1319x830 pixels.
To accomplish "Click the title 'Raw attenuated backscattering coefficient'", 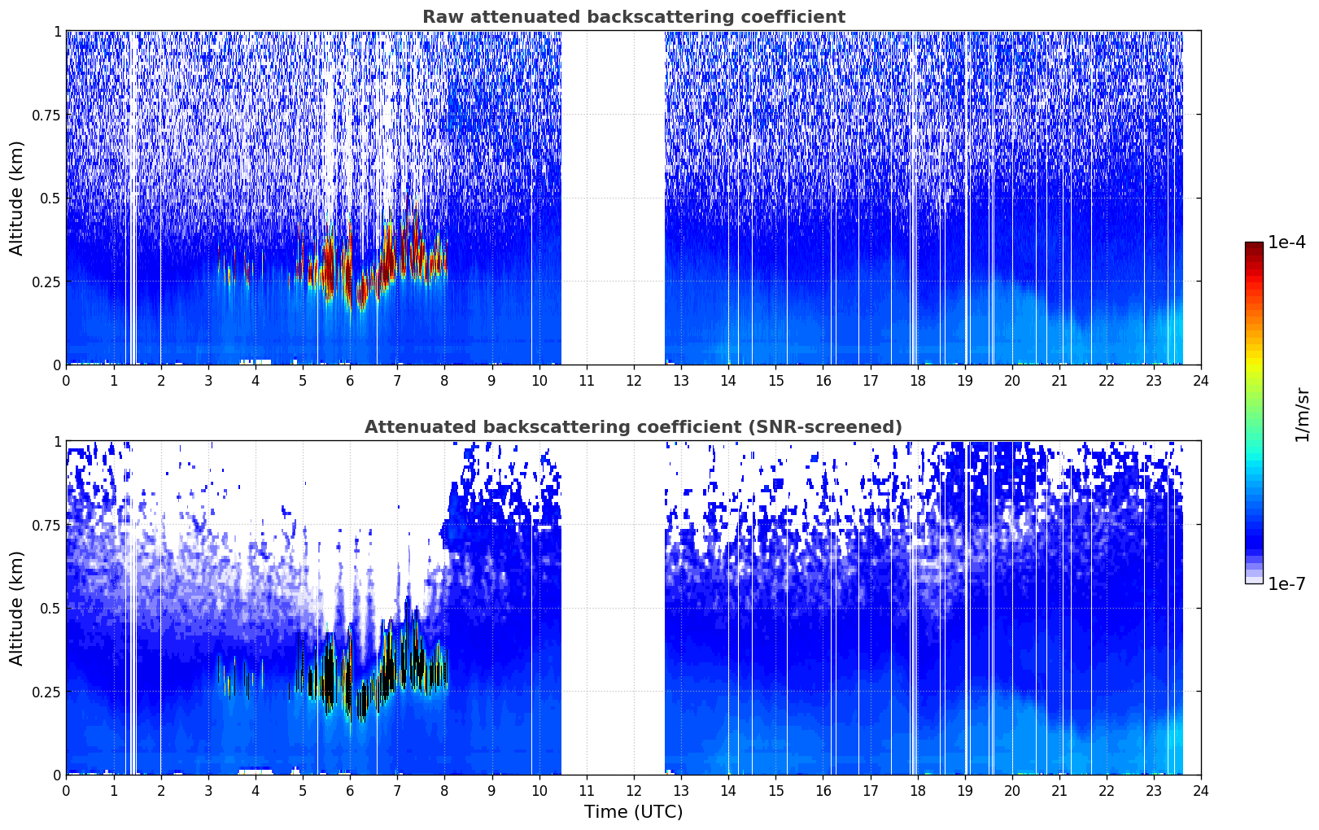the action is [x=634, y=16].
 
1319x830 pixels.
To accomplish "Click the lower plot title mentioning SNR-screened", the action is [x=634, y=426].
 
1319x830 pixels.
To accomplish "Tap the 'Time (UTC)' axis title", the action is [x=634, y=812].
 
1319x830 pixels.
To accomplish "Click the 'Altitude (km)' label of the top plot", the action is [x=16, y=198].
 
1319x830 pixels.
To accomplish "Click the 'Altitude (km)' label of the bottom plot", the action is [x=16, y=608].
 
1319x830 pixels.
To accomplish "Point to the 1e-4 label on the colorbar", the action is [x=1286, y=242].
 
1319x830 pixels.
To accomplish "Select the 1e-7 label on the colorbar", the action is [x=1286, y=584].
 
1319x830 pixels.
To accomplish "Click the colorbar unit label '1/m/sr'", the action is [x=1302, y=414].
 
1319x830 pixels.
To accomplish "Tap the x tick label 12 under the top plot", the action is [x=634, y=381].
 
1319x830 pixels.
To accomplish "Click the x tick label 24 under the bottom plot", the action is [x=1201, y=791].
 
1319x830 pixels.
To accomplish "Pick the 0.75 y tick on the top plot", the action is [x=46, y=115].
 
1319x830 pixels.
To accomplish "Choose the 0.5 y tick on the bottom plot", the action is [x=50, y=608].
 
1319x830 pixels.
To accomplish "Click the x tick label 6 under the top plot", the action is [x=350, y=381].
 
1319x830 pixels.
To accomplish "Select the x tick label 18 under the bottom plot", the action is [x=917, y=791].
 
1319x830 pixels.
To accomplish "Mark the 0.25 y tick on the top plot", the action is [x=46, y=282].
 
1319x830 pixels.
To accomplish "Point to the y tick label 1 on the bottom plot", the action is [x=58, y=442].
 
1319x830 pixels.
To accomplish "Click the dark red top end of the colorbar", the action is [x=1254, y=245].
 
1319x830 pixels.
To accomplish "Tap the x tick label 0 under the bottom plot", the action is [x=66, y=791].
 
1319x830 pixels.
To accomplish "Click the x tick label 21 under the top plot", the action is [x=1059, y=381].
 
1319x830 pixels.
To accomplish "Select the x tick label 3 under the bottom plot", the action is [x=207, y=791].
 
